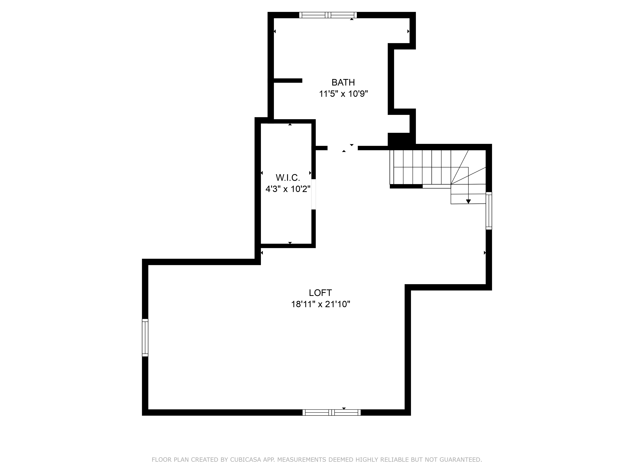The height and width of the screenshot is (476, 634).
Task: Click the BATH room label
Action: click(x=343, y=82)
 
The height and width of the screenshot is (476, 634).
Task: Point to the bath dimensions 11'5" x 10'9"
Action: click(x=343, y=94)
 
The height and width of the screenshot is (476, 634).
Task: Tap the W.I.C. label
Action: click(x=288, y=178)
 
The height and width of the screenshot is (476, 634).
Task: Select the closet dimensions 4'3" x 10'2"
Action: click(x=288, y=189)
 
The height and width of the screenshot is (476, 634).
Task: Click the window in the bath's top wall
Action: click(x=328, y=15)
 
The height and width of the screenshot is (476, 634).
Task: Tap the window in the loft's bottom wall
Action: click(x=332, y=412)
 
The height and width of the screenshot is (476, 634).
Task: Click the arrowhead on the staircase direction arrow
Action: click(x=468, y=201)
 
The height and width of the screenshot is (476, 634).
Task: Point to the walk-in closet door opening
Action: click(x=314, y=194)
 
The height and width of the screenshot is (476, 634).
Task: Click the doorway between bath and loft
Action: click(x=343, y=148)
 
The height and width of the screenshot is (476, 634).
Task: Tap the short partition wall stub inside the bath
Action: click(x=288, y=81)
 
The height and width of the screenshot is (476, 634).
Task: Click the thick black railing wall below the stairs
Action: click(x=406, y=186)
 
